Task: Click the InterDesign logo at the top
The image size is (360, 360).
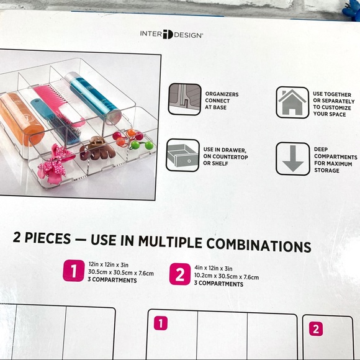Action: (171, 34)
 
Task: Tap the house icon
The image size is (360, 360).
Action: (292, 102)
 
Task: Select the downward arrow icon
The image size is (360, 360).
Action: (293, 159)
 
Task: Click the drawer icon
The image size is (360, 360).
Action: (182, 155)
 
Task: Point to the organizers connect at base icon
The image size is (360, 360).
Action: (185, 99)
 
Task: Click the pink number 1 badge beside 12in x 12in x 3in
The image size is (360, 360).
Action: (74, 271)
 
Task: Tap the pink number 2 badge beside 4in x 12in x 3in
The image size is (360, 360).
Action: (180, 274)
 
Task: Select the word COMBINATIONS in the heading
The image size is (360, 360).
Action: (259, 245)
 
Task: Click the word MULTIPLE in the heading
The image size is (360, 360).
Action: (170, 241)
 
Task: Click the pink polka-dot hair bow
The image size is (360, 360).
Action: (55, 164)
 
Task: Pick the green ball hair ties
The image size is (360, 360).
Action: (140, 145)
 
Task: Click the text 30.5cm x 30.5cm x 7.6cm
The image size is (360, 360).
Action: (121, 272)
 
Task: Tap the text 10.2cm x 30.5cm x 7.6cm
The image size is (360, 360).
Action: (227, 276)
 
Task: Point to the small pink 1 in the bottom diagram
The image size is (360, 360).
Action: (161, 323)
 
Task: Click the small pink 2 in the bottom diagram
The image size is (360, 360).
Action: (316, 329)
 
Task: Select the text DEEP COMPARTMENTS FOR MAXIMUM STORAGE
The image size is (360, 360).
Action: (335, 160)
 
